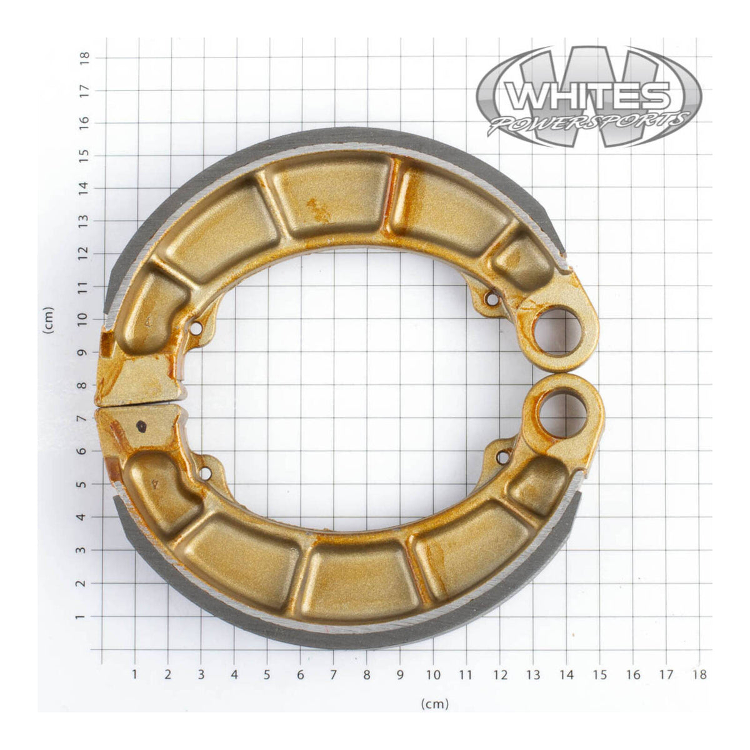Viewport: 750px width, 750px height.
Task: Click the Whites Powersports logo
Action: click(x=589, y=96)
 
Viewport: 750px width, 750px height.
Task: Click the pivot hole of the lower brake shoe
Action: click(x=563, y=413)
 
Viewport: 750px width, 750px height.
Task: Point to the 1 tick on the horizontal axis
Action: click(x=134, y=674)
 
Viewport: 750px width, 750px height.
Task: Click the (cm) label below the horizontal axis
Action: click(x=435, y=704)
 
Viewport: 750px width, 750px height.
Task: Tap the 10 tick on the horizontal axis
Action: click(x=432, y=674)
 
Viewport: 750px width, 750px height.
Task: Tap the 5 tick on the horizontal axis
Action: click(x=267, y=674)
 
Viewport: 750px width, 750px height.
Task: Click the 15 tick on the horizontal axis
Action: click(x=599, y=674)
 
